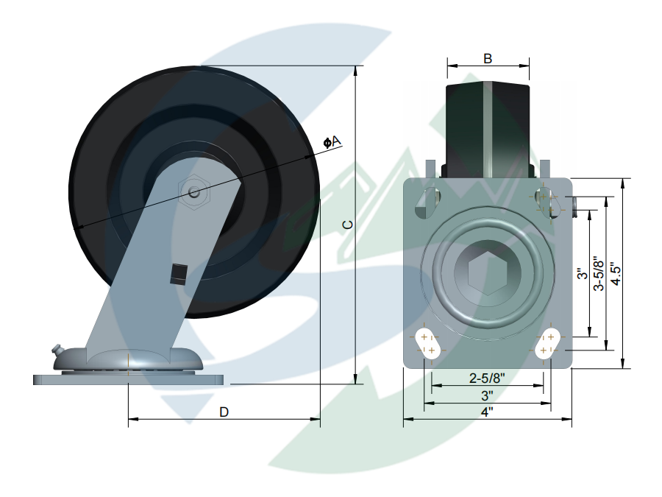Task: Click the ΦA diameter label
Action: [332, 141]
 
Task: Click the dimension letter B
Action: [488, 58]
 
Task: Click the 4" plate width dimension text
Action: [486, 413]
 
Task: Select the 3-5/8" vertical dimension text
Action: [599, 273]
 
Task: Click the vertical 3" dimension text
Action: [582, 274]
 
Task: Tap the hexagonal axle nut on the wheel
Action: [194, 193]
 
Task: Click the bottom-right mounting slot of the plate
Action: [548, 343]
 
